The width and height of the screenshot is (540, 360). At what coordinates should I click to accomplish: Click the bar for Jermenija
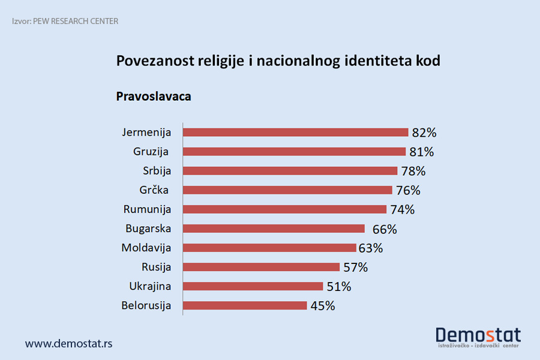pyautogui.click(x=295, y=133)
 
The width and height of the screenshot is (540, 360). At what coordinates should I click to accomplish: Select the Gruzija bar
pyautogui.click(x=294, y=152)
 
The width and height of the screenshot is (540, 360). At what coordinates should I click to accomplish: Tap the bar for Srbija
pyautogui.click(x=290, y=171)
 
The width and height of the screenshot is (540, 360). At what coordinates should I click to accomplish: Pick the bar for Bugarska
pyautogui.click(x=274, y=229)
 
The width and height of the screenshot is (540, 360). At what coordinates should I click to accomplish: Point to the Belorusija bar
pyautogui.click(x=245, y=305)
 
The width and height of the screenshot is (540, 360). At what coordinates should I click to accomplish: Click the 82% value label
pyautogui.click(x=424, y=133)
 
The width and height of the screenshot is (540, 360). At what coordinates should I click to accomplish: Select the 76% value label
pyautogui.click(x=408, y=190)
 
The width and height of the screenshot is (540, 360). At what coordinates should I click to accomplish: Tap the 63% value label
pyautogui.click(x=370, y=248)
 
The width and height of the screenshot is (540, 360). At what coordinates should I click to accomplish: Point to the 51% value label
pyautogui.click(x=338, y=286)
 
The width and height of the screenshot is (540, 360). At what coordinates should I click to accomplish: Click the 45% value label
pyautogui.click(x=323, y=305)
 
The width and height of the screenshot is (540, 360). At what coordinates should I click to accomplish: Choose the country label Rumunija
pyautogui.click(x=147, y=209)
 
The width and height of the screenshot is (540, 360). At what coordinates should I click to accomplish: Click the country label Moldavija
pyautogui.click(x=146, y=248)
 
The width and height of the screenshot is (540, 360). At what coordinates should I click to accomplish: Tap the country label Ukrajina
pyautogui.click(x=150, y=286)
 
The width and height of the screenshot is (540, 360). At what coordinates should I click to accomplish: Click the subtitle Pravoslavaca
pyautogui.click(x=154, y=96)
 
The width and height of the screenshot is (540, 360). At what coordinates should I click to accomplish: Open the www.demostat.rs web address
pyautogui.click(x=68, y=344)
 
